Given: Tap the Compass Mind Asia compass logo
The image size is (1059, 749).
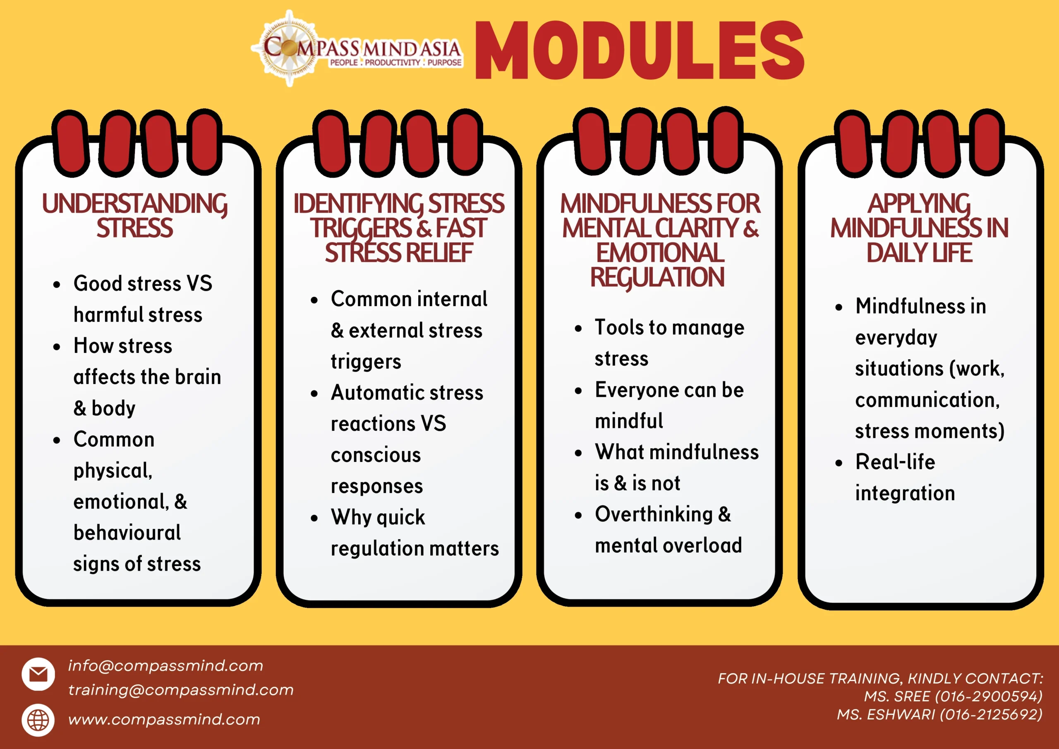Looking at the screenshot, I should [x=289, y=48].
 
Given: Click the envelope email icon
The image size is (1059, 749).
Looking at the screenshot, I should [x=38, y=674].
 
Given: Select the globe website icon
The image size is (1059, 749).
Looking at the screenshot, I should [x=38, y=720].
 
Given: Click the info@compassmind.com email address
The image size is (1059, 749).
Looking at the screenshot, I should [x=165, y=665].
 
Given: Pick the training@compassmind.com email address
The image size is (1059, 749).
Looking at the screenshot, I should [x=181, y=689].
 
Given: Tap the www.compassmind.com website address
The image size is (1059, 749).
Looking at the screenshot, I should [x=164, y=719].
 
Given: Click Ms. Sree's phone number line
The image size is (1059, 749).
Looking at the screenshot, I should [x=953, y=696].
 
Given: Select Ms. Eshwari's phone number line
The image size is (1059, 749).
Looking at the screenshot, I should [x=939, y=714].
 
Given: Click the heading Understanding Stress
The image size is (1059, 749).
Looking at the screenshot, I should [x=135, y=216].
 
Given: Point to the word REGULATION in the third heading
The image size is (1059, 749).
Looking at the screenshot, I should [x=657, y=277].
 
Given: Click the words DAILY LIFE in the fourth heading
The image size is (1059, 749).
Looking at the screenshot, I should [x=919, y=253].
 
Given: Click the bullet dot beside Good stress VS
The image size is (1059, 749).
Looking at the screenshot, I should [x=57, y=285].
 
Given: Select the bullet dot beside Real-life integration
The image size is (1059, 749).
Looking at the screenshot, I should [x=839, y=463].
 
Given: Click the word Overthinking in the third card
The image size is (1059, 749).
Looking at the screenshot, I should [x=654, y=514].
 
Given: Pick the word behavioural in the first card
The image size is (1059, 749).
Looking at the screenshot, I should [x=127, y=533].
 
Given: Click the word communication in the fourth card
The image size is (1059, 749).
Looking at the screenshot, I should [x=927, y=400].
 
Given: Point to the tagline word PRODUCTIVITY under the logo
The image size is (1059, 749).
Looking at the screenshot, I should [x=393, y=62].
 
